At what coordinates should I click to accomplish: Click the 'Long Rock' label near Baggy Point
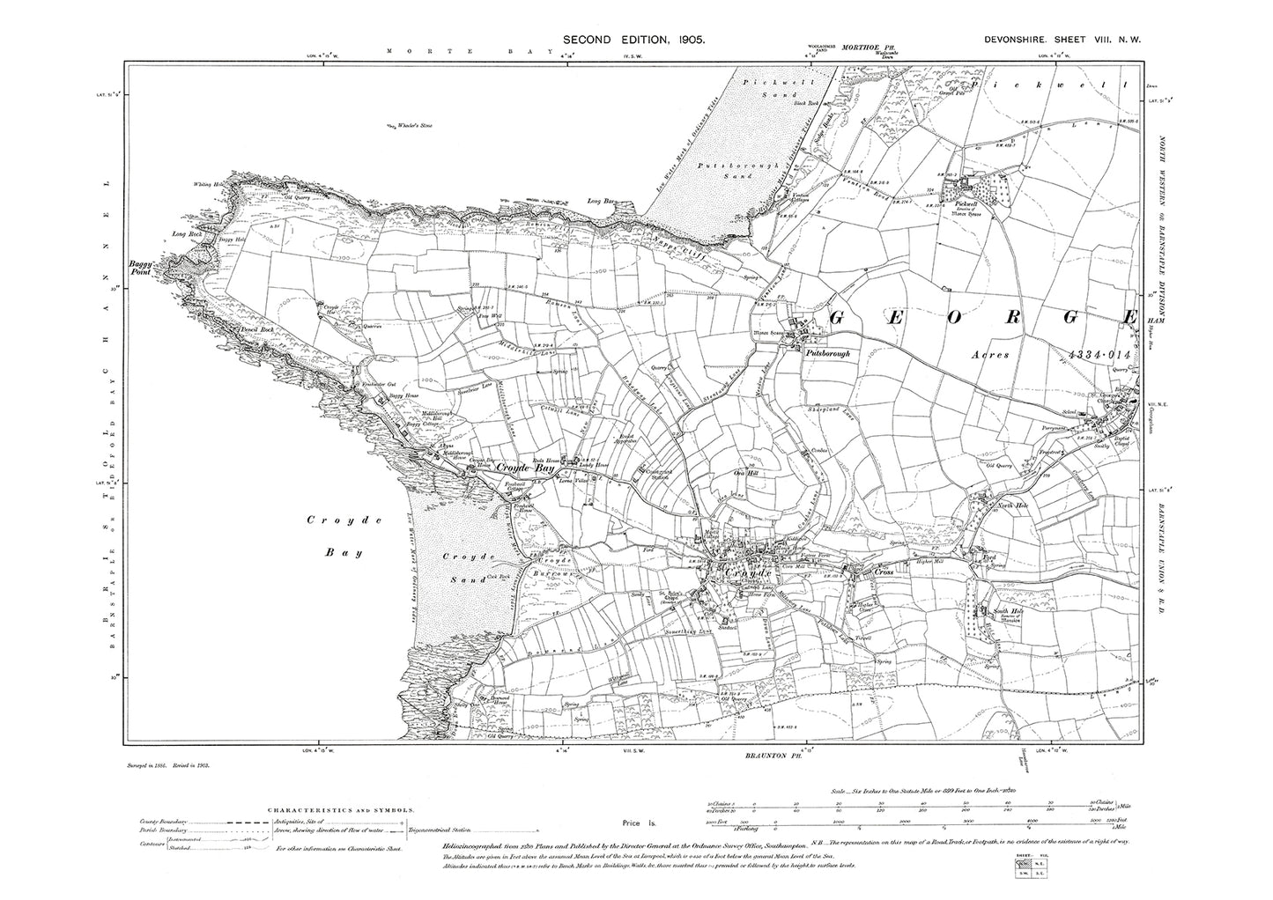(187, 234)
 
